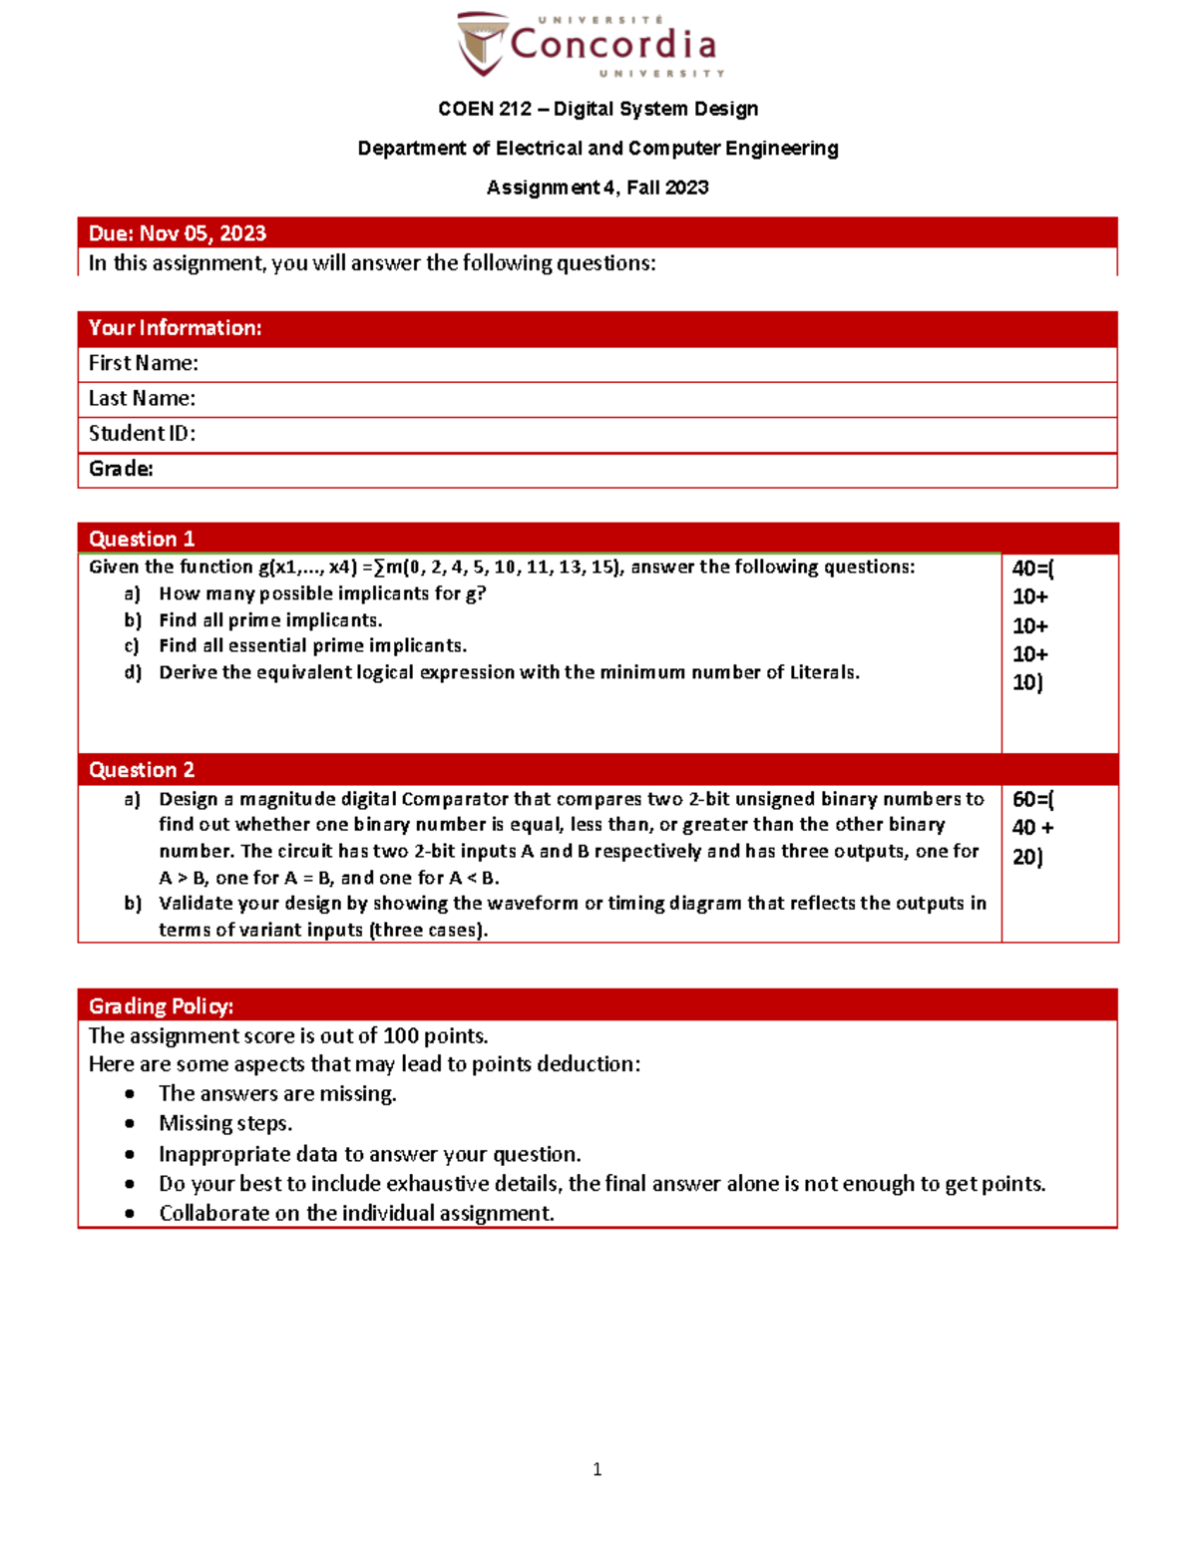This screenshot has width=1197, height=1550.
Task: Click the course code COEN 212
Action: pyautogui.click(x=484, y=109)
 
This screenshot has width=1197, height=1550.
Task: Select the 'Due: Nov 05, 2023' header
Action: pyautogui.click(x=178, y=233)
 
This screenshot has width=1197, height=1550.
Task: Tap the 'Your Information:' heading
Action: pyautogui.click(x=175, y=328)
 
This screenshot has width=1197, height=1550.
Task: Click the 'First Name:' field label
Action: pyautogui.click(x=143, y=363)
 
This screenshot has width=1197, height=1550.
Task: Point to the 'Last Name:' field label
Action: pyautogui.click(x=142, y=398)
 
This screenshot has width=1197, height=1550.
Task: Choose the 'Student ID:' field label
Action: pyautogui.click(x=142, y=433)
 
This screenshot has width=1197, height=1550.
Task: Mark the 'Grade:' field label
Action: pyautogui.click(x=121, y=469)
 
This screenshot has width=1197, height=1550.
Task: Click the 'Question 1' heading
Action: pyautogui.click(x=142, y=539)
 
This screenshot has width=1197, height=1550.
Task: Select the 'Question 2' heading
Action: pyautogui.click(x=142, y=770)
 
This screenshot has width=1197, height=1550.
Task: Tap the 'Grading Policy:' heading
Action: pyautogui.click(x=161, y=1005)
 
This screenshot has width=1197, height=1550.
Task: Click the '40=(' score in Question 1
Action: pyautogui.click(x=1032, y=569)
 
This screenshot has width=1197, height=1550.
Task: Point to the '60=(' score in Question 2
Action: pyautogui.click(x=1032, y=799)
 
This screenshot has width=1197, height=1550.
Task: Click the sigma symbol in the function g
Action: pyautogui.click(x=380, y=568)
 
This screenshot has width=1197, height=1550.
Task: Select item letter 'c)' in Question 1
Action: pyautogui.click(x=132, y=646)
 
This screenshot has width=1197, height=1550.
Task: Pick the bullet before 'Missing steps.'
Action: pyautogui.click(x=130, y=1124)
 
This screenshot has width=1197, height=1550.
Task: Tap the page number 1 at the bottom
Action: pyautogui.click(x=597, y=1469)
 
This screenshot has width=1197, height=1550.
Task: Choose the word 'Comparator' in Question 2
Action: pyautogui.click(x=454, y=799)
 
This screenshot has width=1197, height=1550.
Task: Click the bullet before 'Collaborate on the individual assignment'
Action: pyautogui.click(x=130, y=1214)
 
